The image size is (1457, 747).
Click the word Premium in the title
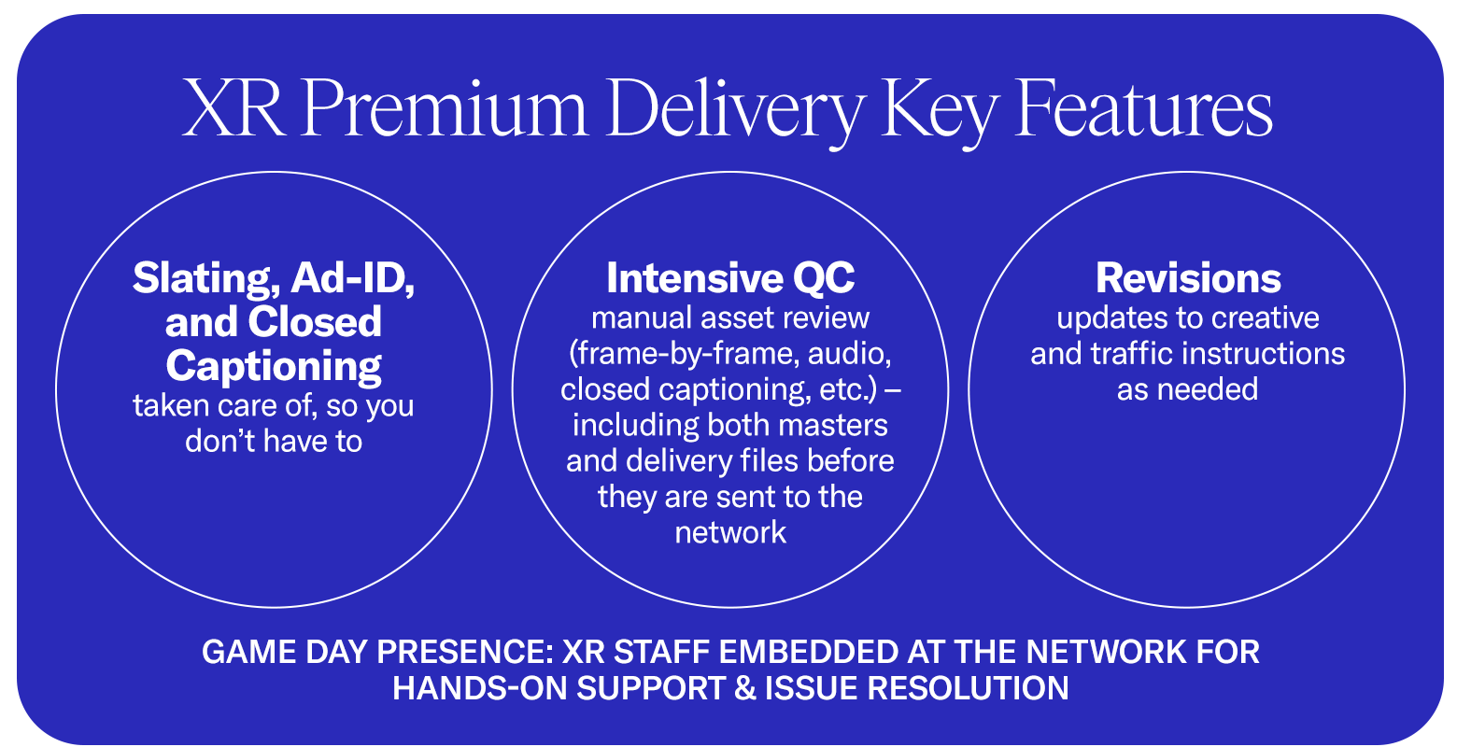[443, 110]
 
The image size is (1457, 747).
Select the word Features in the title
[1144, 108]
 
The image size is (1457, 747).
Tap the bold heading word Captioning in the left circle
[274, 366]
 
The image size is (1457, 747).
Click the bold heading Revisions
[1188, 278]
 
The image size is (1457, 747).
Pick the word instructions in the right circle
[1272, 354]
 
